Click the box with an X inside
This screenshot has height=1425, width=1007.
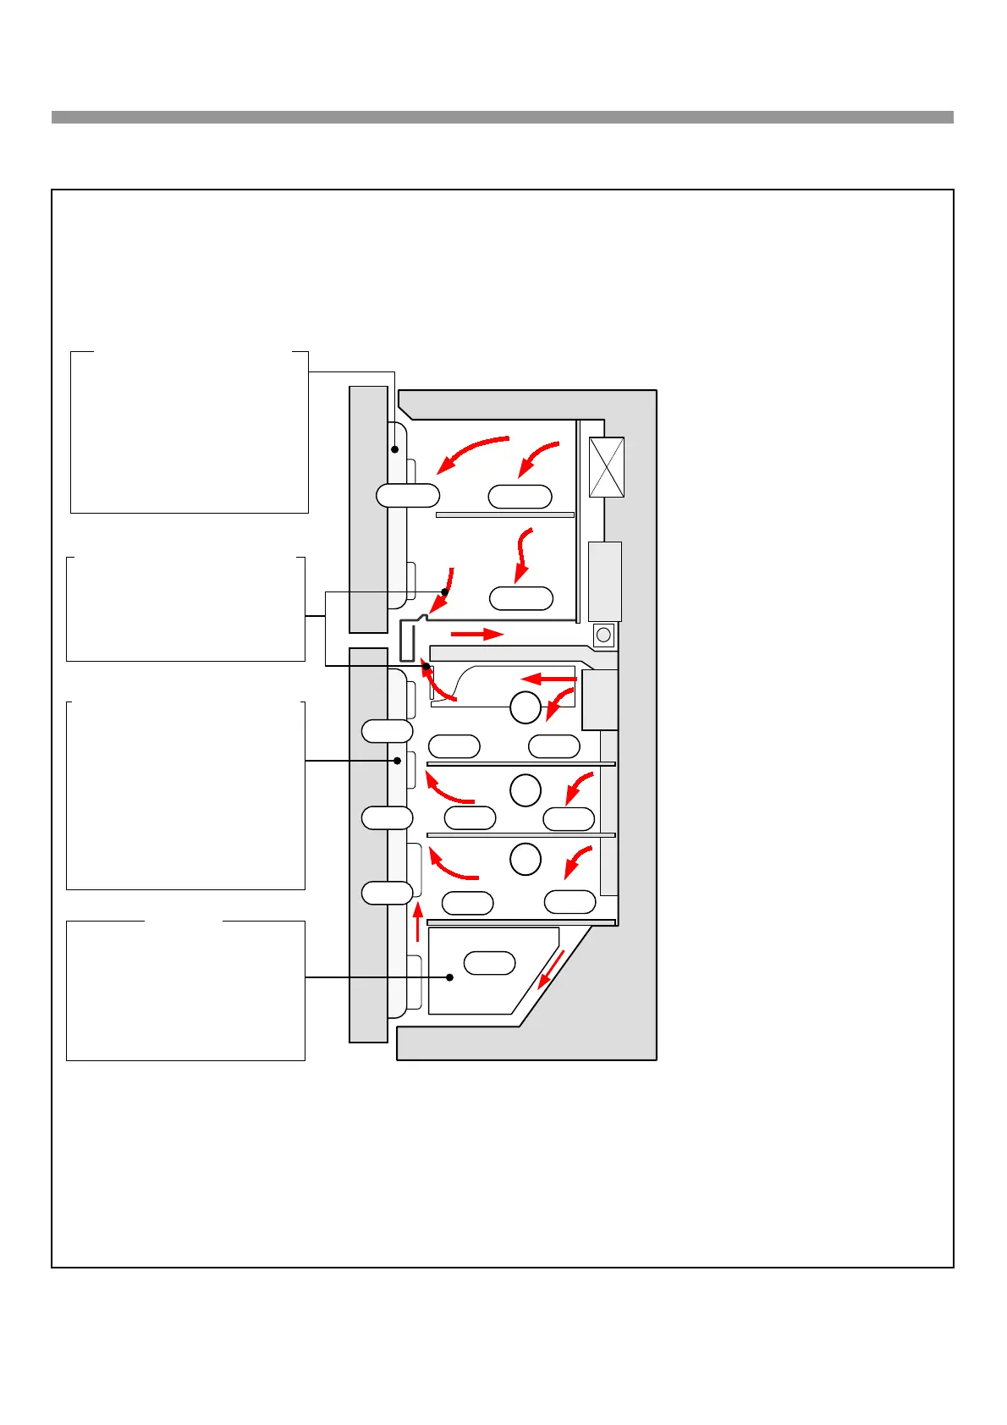606,467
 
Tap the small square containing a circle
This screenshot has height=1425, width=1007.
603,635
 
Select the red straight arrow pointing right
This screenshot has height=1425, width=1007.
477,633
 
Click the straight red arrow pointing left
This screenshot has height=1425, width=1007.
548,679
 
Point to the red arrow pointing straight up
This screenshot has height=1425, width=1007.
417,922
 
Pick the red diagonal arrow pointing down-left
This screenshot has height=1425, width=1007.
551,969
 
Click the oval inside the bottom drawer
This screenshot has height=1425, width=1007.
490,963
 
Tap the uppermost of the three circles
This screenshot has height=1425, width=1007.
526,707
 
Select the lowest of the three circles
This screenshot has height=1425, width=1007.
526,859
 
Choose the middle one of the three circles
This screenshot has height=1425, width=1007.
526,790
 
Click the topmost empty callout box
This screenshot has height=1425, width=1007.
189,432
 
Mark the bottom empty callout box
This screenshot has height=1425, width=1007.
185,990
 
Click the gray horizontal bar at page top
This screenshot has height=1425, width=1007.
502,118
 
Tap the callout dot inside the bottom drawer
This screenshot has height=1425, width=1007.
450,977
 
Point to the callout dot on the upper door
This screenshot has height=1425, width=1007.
394,449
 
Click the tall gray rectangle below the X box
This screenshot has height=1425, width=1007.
604,581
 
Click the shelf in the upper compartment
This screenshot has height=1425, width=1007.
505,514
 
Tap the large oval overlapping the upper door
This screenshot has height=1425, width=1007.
408,495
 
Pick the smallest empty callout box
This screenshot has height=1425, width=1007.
185,609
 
